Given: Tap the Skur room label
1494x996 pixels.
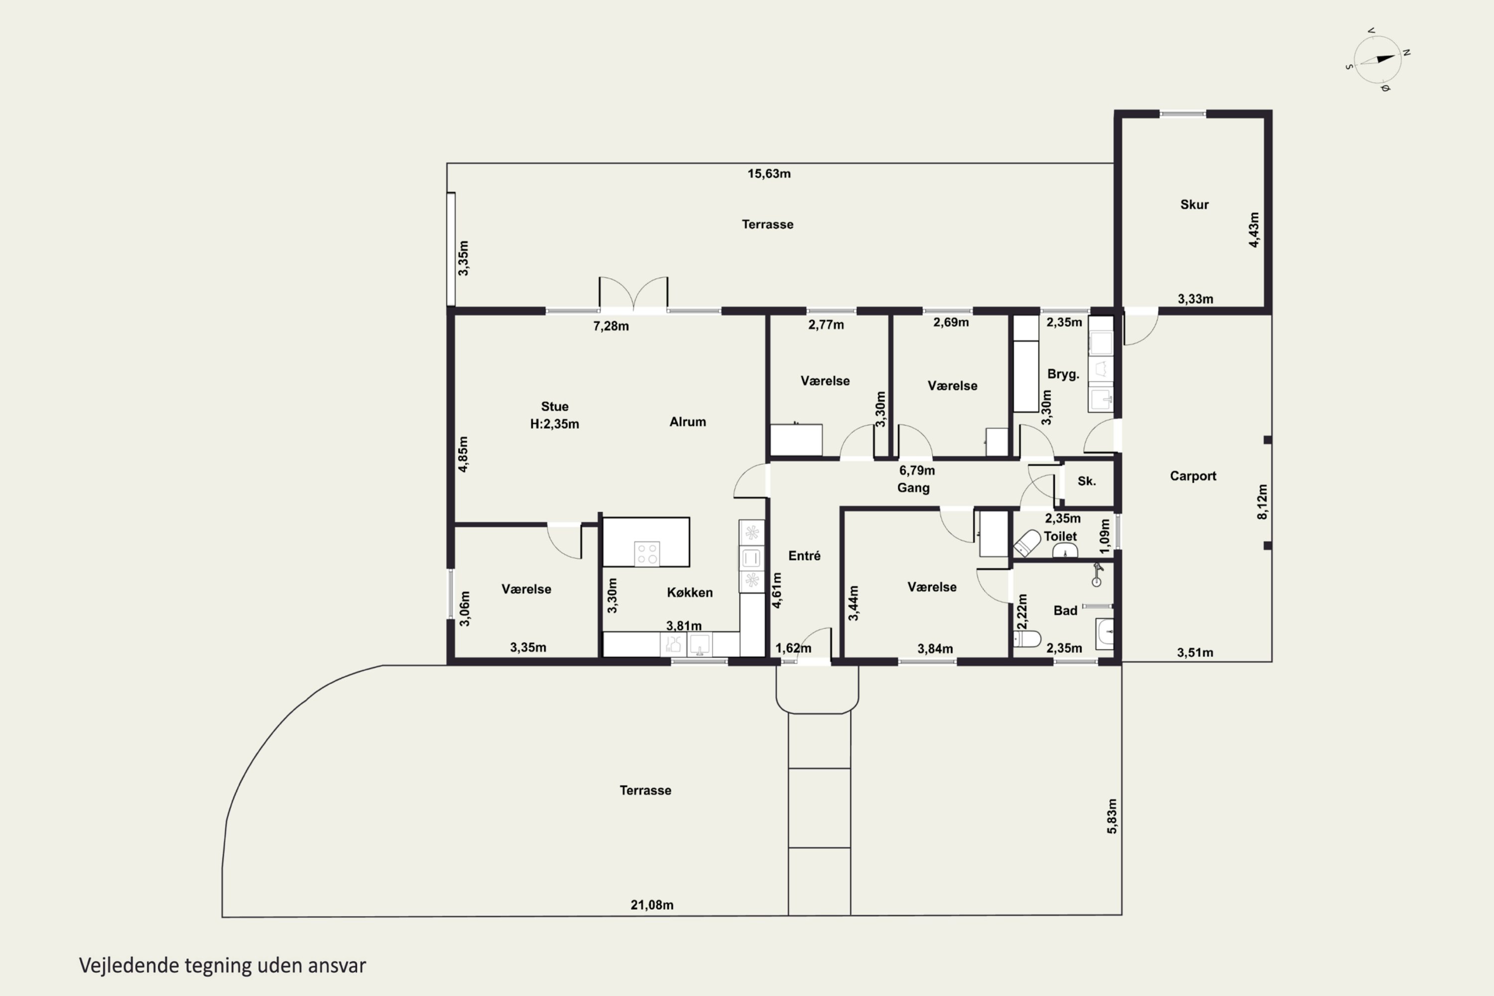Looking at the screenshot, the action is coord(1194,205).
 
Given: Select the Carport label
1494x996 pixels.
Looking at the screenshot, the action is coord(1193,476).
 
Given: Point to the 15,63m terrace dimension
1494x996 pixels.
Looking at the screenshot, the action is coord(768,173).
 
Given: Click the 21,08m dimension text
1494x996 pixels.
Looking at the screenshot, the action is coord(652,904).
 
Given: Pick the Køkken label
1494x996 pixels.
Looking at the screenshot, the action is coord(690,592).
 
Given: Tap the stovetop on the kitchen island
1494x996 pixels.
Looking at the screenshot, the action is coord(646,553).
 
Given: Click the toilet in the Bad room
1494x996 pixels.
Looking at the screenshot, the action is coord(1026,638).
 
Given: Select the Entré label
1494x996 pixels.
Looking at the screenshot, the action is coord(804,556).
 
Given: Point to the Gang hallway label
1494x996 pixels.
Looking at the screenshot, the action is coord(913,488).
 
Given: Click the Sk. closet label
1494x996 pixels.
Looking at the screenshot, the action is coord(1087,481).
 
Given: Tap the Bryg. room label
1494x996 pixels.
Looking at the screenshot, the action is coord(1063,374).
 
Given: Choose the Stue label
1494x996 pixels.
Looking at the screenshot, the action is coord(555,406).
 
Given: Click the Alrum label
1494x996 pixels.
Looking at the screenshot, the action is coord(687,422).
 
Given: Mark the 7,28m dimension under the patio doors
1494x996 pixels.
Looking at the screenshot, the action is coord(611,326).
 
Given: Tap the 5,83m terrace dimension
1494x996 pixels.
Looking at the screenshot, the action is coord(1112,816).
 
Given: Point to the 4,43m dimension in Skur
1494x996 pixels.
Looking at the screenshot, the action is coord(1253,230).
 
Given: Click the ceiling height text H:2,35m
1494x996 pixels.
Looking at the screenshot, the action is coord(555,424).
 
